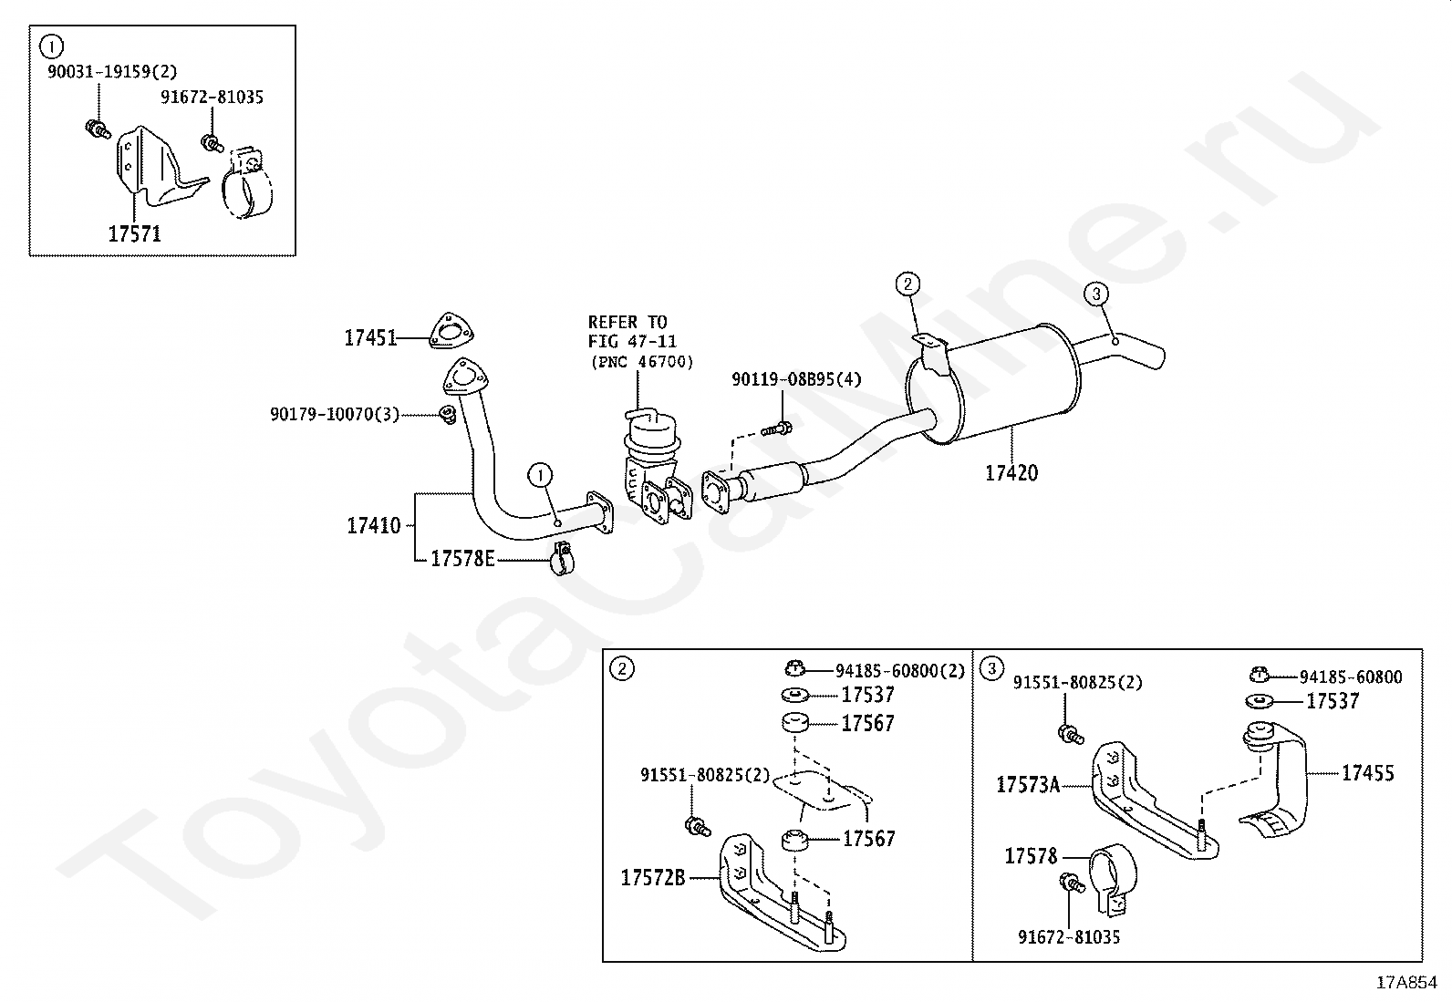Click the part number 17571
[x=134, y=234]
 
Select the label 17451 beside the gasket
[x=370, y=338]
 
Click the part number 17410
[x=373, y=526]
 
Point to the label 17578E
[x=462, y=559]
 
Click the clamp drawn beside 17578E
[x=562, y=560]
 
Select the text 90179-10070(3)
[x=335, y=415]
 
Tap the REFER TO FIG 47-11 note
[x=639, y=342]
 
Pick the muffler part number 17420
[x=1011, y=473]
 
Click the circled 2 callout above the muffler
[x=907, y=284]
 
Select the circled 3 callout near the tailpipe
[x=1096, y=294]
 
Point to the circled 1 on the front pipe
[x=541, y=474]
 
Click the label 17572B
[x=653, y=878]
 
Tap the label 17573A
[x=1028, y=785]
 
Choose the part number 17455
[x=1367, y=773]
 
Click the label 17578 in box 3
[x=1031, y=856]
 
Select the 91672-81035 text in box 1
[x=213, y=97]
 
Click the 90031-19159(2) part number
[x=112, y=71]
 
